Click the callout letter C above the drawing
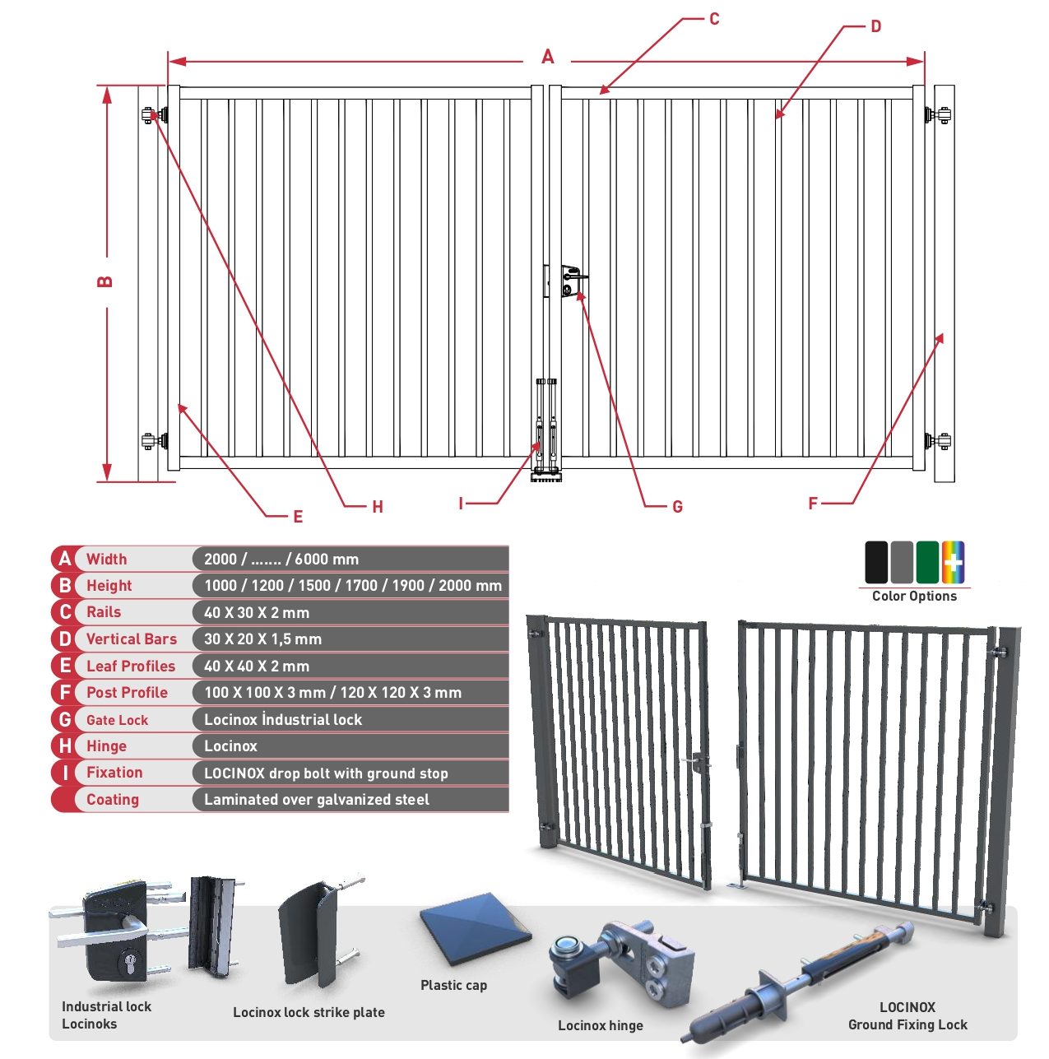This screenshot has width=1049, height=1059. coord(714,19)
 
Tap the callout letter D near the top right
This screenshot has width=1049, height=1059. coord(876,26)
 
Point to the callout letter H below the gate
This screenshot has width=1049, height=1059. coord(377,507)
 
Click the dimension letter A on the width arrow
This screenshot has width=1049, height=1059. coord(547,57)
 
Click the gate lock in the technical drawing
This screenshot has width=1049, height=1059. coord(572,281)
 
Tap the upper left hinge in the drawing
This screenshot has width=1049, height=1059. coord(155,115)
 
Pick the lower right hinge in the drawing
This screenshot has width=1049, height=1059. coord(937,441)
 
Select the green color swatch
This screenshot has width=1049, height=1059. coord(927,562)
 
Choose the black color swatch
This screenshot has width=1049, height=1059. coord(876,562)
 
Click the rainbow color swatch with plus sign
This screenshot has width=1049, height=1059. coord(953,562)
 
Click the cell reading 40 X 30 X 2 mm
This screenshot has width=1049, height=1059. coord(256,612)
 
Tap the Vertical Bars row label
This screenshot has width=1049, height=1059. coord(132,639)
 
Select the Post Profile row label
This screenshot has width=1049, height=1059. coord(127,693)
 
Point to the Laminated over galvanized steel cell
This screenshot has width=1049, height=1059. coord(317,800)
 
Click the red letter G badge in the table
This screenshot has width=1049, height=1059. coord(65,719)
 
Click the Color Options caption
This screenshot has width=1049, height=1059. coord(914,597)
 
